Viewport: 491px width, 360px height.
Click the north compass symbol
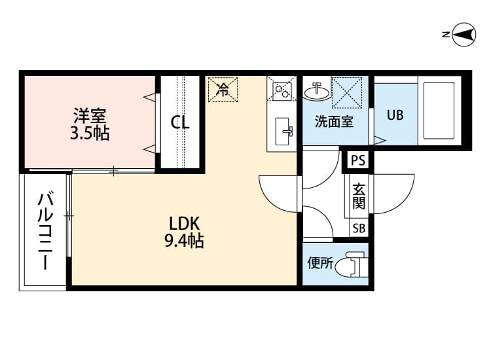pos(463,35)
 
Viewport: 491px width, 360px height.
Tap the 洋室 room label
pos(90,115)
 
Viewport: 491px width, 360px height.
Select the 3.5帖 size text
pos(90,134)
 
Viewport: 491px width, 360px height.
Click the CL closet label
pos(180,122)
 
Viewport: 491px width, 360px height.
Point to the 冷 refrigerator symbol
pos(223,90)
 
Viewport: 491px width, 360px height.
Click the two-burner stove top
pos(282,90)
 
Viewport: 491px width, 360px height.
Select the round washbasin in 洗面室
pos(318,92)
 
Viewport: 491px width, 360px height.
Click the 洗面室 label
pos(334,122)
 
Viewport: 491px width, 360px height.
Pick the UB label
pos(395,115)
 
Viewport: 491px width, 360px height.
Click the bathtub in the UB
pos(439,111)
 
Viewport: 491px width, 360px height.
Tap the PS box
pos(358,160)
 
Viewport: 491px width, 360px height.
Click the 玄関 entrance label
pos(359,196)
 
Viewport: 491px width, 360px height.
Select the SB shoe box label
pos(359,228)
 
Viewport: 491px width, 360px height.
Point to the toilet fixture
pos(352,264)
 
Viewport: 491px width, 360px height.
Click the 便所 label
pos(320,263)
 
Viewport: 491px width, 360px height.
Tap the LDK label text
pos(184,223)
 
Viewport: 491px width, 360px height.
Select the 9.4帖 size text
pos(184,241)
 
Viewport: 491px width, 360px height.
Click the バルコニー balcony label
pos(45,232)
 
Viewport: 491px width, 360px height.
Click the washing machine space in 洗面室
pos(346,93)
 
